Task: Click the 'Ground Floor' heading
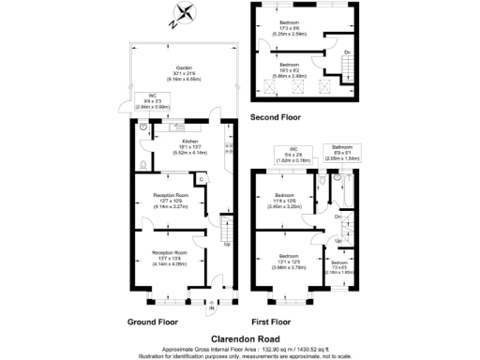(153, 321)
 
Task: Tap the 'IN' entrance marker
(212, 307)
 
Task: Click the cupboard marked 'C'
(202, 179)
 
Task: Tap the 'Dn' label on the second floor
(348, 52)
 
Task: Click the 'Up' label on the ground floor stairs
(225, 245)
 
